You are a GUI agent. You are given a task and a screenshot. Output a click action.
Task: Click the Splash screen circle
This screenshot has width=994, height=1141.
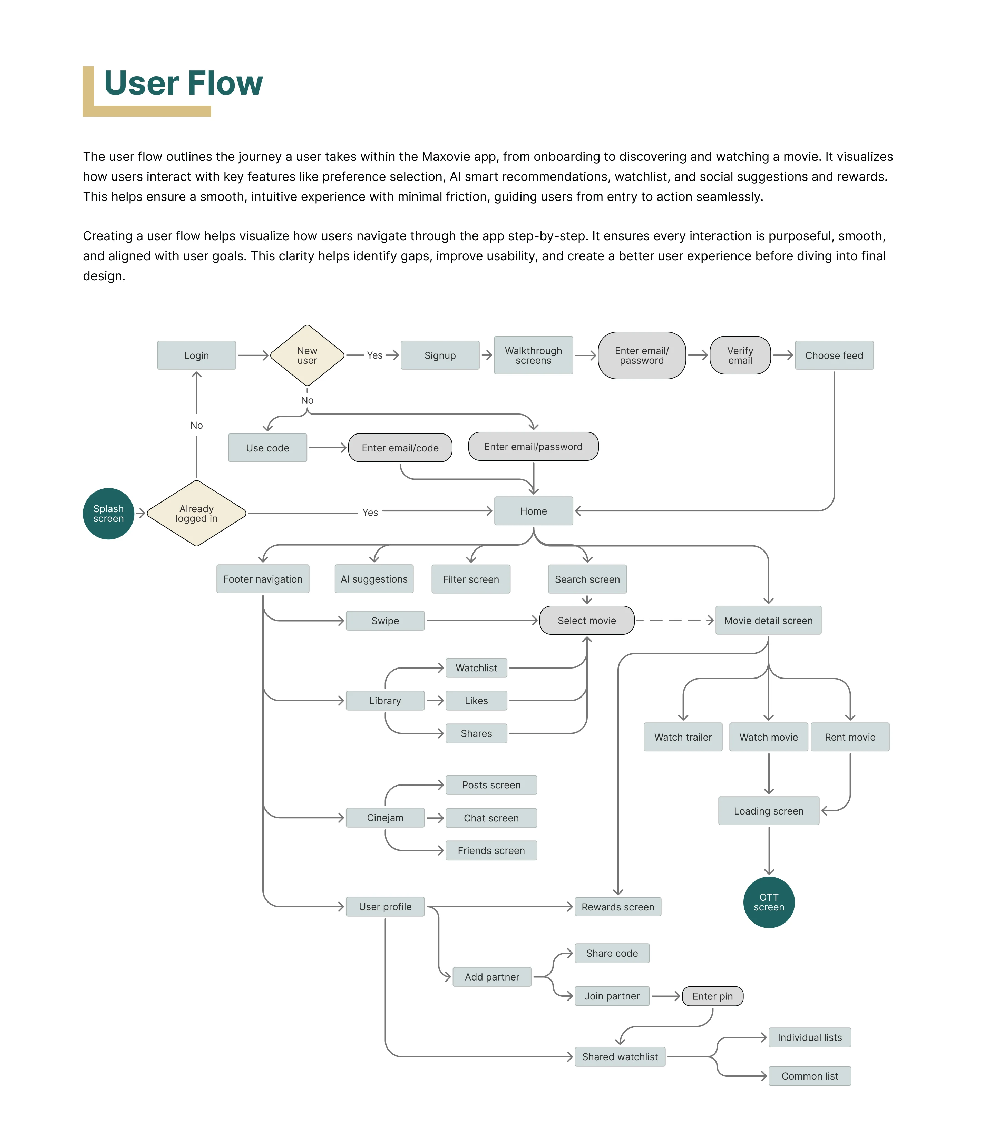click(108, 513)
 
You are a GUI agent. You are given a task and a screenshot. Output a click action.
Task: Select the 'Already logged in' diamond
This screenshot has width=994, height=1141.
click(196, 513)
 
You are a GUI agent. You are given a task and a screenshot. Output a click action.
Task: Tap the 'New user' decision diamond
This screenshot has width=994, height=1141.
click(307, 355)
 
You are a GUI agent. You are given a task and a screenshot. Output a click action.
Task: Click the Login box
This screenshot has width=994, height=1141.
click(196, 355)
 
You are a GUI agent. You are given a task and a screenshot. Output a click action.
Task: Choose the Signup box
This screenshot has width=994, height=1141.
click(440, 355)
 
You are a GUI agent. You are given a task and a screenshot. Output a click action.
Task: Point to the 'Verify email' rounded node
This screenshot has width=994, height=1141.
click(740, 355)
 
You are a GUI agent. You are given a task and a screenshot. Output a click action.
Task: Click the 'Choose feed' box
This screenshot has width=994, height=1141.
click(834, 355)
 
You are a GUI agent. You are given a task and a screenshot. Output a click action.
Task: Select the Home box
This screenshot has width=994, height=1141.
click(533, 511)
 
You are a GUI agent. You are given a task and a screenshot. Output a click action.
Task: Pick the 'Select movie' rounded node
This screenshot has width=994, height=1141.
click(587, 620)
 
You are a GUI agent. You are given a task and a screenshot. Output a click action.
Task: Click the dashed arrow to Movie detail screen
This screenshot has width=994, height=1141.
click(674, 620)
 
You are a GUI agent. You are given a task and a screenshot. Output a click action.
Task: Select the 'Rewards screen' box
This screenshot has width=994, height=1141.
click(618, 907)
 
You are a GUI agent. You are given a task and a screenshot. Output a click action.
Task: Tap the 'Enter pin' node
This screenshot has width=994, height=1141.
click(712, 996)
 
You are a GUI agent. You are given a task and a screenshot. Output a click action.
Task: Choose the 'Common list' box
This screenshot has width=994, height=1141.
click(809, 1076)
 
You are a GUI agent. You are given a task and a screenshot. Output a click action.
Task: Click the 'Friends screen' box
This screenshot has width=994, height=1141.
click(491, 850)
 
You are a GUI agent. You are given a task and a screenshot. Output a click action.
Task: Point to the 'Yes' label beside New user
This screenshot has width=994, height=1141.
click(374, 355)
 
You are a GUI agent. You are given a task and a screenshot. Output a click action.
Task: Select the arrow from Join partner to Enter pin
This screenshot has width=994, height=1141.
click(666, 996)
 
